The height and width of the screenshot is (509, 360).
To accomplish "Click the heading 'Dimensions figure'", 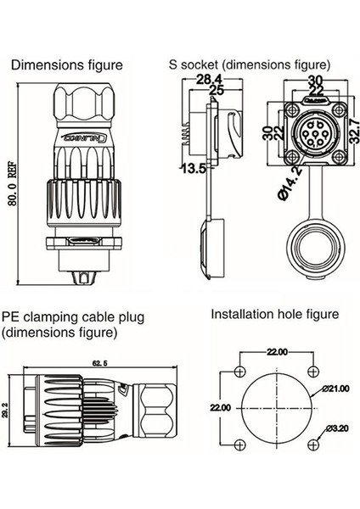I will click(66, 64).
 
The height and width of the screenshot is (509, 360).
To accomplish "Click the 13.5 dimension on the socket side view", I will click(191, 168).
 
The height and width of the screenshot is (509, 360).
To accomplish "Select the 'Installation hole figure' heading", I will click(274, 314).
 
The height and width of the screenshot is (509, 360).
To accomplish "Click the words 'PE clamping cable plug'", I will click(73, 317).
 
